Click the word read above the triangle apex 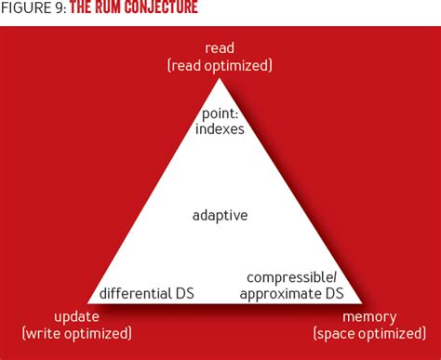pos(220,47)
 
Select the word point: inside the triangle pos(221,113)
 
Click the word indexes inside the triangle pos(221,129)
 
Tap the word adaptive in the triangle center pos(220,215)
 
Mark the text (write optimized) pos(76,333)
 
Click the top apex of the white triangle pos(220,79)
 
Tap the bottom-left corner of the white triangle pos(89,302)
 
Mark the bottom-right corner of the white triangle pos(351,302)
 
